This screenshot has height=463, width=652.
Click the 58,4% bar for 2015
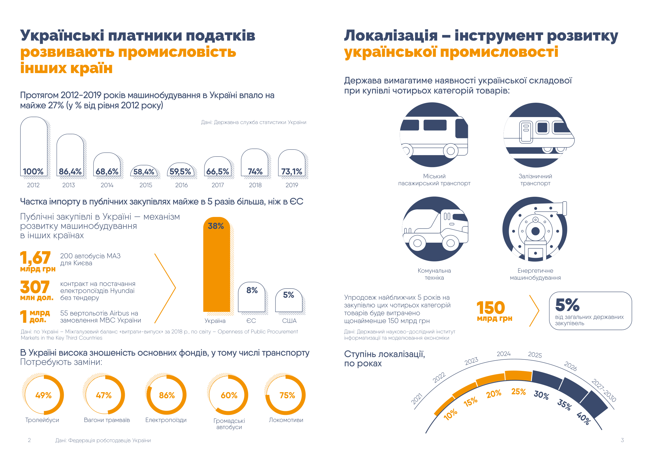(144, 171)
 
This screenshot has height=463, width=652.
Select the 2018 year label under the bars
(255, 185)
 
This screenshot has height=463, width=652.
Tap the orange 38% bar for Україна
(216, 265)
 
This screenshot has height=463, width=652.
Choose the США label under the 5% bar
(289, 321)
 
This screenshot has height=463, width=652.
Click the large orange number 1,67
(35, 258)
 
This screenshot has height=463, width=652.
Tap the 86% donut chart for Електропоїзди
(166, 395)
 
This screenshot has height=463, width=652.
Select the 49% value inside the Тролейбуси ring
(43, 396)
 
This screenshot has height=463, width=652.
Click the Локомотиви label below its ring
(286, 420)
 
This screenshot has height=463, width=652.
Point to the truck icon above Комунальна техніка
(434, 229)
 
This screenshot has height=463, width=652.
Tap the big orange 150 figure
(491, 308)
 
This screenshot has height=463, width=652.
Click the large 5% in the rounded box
(567, 305)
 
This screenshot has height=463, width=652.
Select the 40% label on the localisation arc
(583, 418)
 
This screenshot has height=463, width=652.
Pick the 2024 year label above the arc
(503, 354)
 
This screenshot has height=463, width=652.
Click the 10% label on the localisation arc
(451, 415)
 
